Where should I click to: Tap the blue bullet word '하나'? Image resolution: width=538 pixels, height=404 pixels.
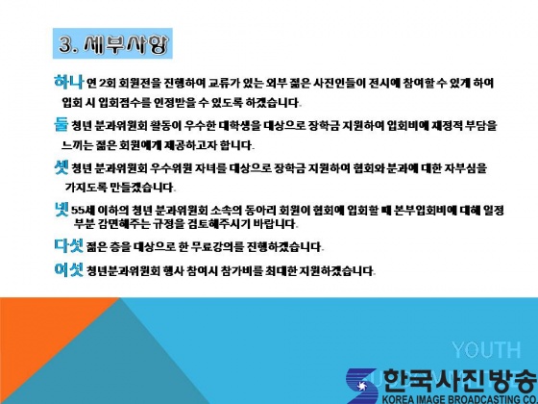68,82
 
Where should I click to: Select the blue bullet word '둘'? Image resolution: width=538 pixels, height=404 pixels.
61,124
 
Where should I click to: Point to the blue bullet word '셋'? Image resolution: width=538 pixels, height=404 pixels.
61,167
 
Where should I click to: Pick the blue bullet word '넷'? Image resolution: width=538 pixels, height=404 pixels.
61,210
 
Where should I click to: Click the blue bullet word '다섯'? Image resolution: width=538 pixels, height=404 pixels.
68,245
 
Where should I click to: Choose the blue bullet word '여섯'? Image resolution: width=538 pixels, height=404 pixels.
68,269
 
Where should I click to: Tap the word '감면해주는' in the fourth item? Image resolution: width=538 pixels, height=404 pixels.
124,224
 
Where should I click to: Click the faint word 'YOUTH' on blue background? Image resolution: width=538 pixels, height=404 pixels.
486,350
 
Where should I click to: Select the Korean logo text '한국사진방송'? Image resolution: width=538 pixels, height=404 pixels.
460,381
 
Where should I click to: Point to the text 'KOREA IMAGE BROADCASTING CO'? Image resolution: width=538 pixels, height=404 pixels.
460,399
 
